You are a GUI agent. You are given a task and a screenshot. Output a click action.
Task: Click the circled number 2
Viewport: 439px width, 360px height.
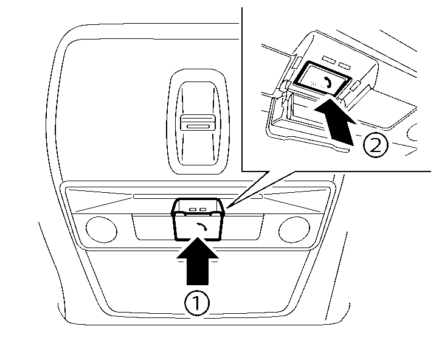376,145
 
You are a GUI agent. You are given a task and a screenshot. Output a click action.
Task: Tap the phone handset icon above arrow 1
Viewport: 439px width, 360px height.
201,228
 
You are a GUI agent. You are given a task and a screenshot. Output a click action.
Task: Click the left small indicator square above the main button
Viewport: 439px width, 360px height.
192,209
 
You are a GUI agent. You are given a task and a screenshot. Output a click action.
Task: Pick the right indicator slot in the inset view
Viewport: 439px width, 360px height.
345,64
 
